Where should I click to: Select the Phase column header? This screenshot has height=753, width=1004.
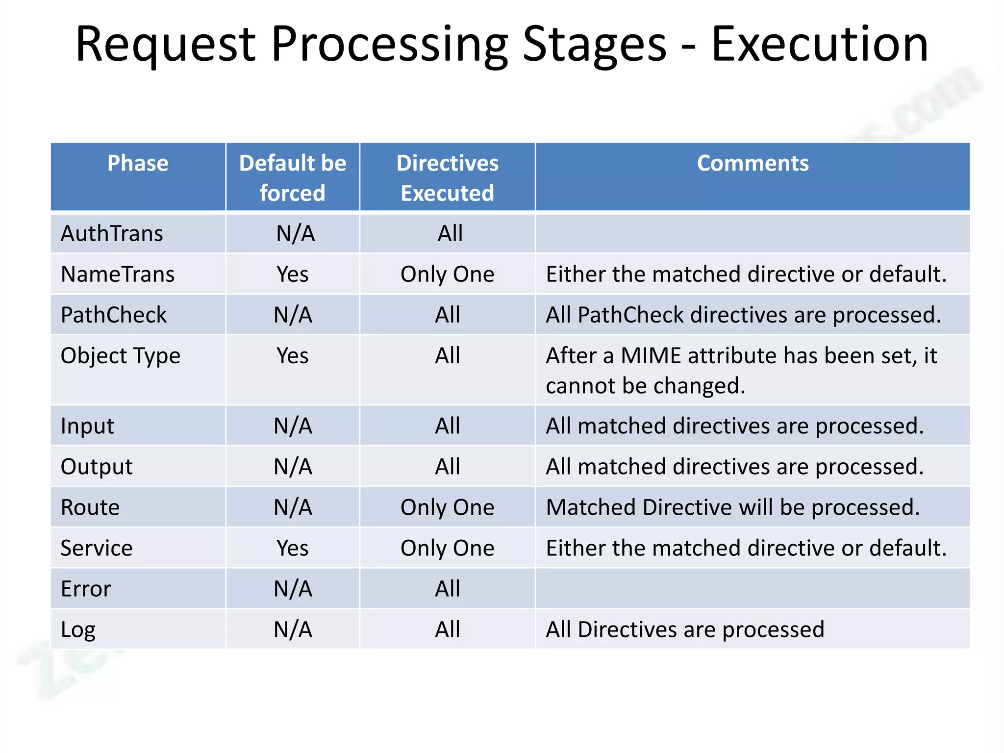[x=138, y=163]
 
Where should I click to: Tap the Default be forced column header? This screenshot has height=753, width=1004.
[x=292, y=177]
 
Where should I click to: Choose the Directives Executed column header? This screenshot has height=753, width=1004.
[x=447, y=177]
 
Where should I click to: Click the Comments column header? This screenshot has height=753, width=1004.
[x=753, y=163]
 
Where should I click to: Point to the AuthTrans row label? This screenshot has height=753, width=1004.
[x=112, y=233]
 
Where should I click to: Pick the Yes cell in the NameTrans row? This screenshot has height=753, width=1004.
[x=292, y=274]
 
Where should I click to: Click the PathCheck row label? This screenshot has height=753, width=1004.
[x=114, y=315]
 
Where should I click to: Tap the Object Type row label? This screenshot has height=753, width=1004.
[x=121, y=356]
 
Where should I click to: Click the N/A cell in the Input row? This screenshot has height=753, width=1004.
[x=293, y=426]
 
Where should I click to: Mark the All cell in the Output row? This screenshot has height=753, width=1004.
[x=447, y=466]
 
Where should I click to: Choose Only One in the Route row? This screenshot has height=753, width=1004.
[x=447, y=507]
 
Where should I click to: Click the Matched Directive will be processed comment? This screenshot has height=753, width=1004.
[x=733, y=507]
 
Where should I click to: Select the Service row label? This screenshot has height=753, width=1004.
[x=97, y=548]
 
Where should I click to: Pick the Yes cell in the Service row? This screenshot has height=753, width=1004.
[x=292, y=548]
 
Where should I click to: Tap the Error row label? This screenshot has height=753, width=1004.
[x=86, y=589]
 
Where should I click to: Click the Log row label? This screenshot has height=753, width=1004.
[x=78, y=630]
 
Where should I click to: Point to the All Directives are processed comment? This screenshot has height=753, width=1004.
[x=685, y=629]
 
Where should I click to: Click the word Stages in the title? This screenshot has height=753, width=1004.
[x=595, y=45]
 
